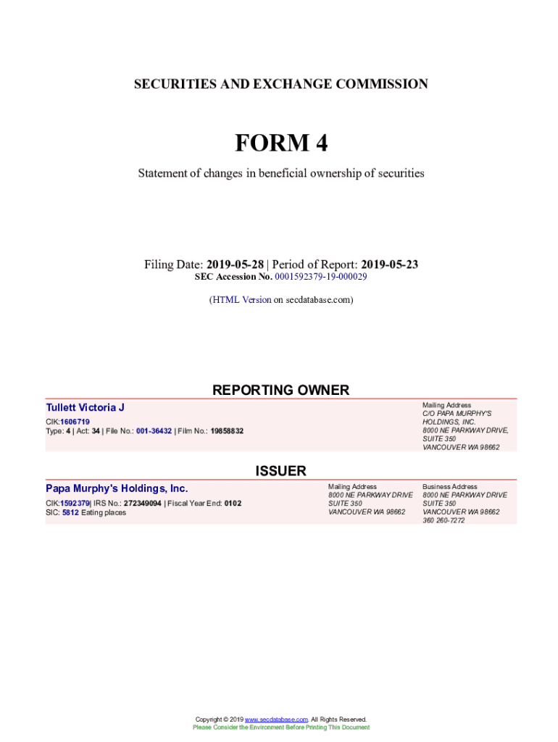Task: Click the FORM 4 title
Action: click(x=281, y=143)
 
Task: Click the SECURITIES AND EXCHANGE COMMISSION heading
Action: click(x=281, y=84)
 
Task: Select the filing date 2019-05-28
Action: click(x=236, y=264)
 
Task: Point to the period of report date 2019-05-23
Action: click(x=389, y=264)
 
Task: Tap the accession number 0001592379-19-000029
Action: click(x=320, y=277)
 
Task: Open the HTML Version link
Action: click(x=241, y=299)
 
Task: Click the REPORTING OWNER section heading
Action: click(x=280, y=390)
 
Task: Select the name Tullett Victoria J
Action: click(x=85, y=407)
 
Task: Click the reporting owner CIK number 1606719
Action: click(x=75, y=422)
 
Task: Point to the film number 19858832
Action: click(x=227, y=431)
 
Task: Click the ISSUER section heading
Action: click(x=280, y=471)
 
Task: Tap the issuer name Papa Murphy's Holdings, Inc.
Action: click(x=117, y=488)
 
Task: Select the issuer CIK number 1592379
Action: click(x=75, y=503)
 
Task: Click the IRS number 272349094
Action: click(x=142, y=503)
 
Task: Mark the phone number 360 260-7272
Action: click(x=444, y=520)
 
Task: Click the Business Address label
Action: click(x=450, y=486)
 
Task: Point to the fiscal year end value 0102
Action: click(x=233, y=503)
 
